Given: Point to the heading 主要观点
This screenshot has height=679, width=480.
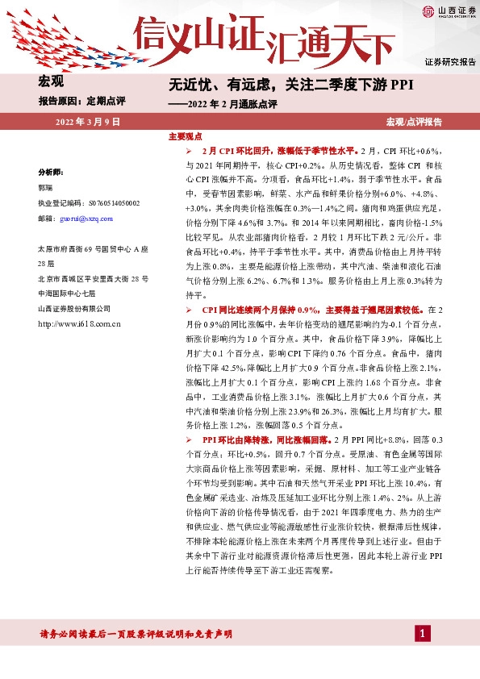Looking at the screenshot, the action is tap(185, 137).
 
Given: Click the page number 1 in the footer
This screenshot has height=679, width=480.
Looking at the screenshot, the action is tap(420, 634).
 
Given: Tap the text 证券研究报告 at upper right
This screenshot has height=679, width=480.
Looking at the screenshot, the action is tap(450, 61).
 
